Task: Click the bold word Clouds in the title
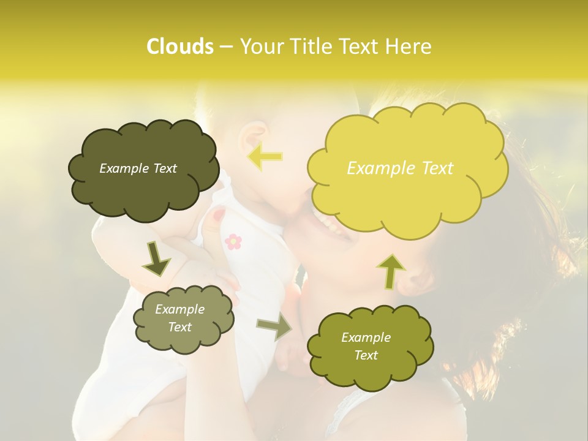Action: [x=179, y=47]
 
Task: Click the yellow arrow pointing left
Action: [x=265, y=157]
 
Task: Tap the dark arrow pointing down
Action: [x=157, y=260]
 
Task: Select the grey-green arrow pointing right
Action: [x=274, y=328]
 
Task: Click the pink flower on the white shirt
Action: [x=233, y=241]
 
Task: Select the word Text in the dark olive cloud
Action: [x=164, y=168]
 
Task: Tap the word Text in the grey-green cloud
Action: [x=179, y=327]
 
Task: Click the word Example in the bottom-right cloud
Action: [x=366, y=337]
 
